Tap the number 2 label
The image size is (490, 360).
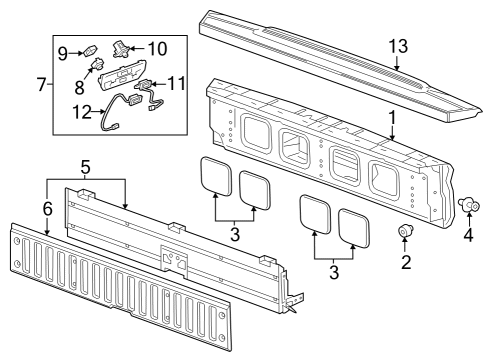point(406,264)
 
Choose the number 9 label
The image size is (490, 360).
point(61,51)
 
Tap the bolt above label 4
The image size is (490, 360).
point(467,206)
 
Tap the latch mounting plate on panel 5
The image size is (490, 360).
point(174,259)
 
